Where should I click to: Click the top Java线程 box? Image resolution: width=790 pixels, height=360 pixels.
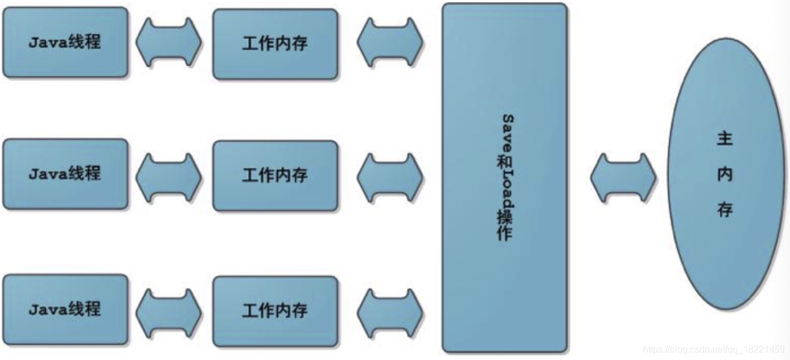65,42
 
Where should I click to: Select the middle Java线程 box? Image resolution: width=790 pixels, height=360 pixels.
65,174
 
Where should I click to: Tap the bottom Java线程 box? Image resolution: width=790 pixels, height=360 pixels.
65,309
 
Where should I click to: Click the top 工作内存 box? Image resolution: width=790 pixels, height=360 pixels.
275,44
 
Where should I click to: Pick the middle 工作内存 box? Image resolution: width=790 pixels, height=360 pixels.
275,175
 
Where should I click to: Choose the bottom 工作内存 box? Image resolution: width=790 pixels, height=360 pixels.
275,311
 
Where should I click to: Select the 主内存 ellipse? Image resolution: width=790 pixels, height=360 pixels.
725,174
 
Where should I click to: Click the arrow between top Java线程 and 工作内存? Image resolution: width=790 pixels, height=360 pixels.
169,42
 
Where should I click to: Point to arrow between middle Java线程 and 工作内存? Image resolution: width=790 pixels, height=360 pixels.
169,177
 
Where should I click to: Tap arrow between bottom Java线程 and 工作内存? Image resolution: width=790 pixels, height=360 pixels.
169,312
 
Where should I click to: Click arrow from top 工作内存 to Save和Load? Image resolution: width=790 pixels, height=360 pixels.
390,42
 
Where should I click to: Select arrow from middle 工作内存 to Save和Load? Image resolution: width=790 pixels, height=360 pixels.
390,177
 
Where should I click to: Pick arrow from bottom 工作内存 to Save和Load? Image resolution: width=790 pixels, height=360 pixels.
390,312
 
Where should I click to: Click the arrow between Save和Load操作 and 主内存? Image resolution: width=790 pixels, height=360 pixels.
623,177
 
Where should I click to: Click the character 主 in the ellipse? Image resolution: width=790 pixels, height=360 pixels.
724,139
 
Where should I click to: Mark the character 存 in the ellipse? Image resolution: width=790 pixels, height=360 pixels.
724,210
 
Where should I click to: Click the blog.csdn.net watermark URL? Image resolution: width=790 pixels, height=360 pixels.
714,350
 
